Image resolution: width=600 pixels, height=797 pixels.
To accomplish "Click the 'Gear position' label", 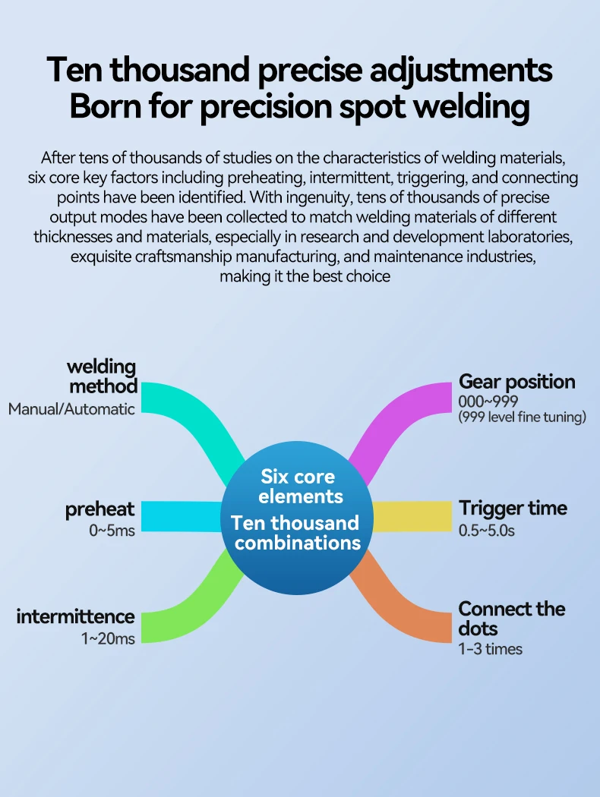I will coord(516,382).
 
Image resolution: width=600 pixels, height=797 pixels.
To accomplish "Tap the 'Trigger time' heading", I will coord(513,509).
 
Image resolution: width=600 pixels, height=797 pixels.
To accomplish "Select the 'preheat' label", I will coord(99,509).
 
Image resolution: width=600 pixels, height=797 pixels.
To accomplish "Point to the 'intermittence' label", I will coord(75,616).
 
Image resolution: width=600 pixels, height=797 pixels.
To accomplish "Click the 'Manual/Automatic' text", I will coord(71,409).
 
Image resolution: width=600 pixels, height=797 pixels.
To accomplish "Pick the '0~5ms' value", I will coord(112,531).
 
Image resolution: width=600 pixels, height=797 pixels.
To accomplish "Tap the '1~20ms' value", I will coord(108,639).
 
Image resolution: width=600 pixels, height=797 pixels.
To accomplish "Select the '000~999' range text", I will coord(488,402).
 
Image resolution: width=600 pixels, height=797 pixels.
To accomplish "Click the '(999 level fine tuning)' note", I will coord(523,417).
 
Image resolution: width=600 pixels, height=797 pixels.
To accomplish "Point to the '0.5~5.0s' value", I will coord(487,531).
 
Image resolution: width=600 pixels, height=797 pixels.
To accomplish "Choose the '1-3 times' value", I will coord(490,649).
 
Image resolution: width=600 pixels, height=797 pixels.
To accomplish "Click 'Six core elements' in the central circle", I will coord(297,487).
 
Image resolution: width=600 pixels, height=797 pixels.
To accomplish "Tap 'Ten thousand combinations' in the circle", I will coord(297,533).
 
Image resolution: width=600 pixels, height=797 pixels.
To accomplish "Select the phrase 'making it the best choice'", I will coord(305,276).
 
